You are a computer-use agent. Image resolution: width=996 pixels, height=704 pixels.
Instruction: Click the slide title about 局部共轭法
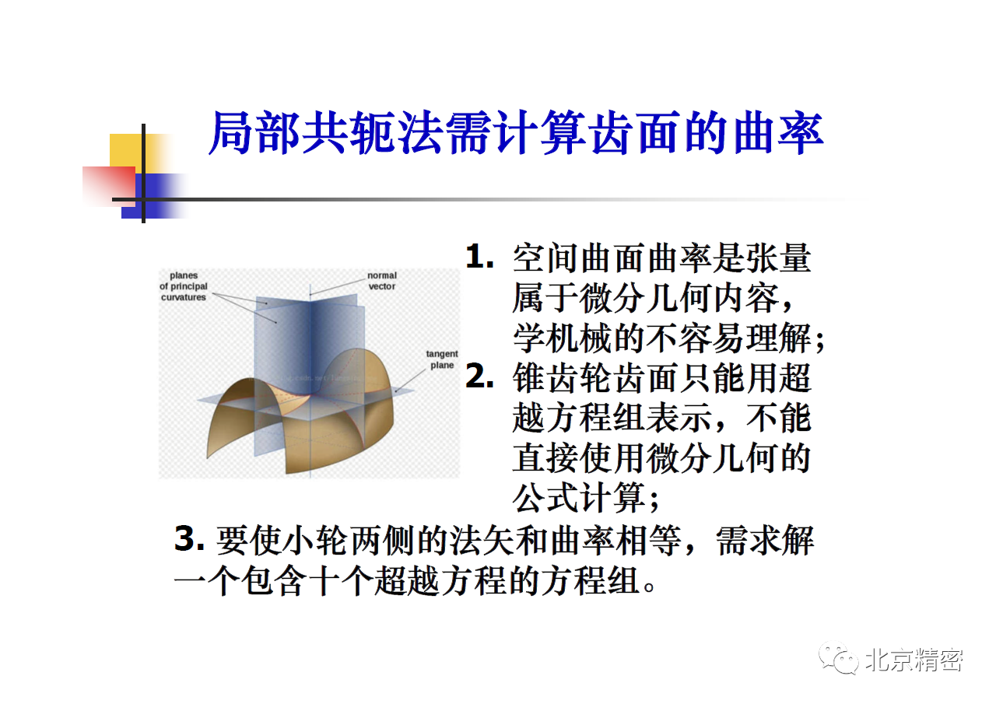pos(516,132)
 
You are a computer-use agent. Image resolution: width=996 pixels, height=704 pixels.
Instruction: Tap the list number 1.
pos(479,257)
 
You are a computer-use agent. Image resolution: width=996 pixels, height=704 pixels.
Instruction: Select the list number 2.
pos(479,377)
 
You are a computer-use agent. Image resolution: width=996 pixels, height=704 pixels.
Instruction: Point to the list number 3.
pos(189,538)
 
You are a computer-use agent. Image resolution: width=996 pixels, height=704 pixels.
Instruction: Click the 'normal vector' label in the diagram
pos(382,281)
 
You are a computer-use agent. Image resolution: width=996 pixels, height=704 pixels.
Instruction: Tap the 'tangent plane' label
pos(441,359)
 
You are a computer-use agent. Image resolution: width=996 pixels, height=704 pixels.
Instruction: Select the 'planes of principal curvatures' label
pos(184,286)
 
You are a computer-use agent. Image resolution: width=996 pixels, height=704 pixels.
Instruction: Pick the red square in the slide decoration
pos(109,186)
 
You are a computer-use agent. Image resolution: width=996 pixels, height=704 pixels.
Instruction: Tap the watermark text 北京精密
pos(914,660)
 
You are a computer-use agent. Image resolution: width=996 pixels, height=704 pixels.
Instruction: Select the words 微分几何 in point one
pos(646,298)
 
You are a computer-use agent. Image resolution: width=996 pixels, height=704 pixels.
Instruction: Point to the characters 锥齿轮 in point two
pos(563,378)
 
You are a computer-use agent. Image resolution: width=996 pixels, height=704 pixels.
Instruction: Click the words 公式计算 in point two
pos(580,498)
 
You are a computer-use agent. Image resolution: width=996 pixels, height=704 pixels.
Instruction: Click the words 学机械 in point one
pos(563,338)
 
